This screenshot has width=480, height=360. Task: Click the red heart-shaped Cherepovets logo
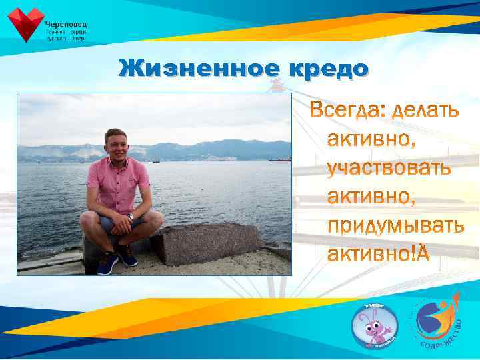pos(25,24)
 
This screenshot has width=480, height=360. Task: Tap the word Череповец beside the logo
pos(66,24)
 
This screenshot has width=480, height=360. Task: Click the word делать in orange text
pos(425,111)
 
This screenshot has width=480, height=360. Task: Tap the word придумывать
pos(395,226)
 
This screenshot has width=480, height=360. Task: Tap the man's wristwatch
pos(131,217)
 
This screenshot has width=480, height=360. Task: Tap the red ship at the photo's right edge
pos(280,159)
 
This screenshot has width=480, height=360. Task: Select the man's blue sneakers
pos(116,259)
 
